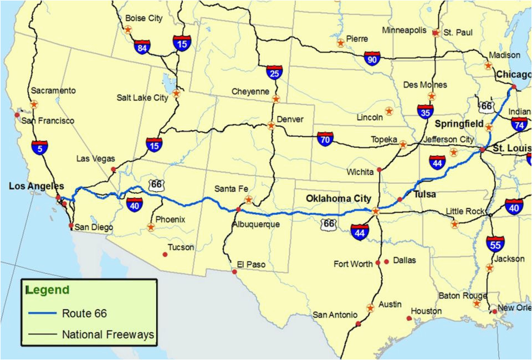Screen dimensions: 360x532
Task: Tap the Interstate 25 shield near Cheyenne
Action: (274, 72)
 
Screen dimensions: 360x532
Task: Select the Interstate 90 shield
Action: (372, 59)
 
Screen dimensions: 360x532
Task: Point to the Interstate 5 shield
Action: (39, 147)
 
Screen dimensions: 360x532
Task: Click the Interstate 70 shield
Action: (325, 138)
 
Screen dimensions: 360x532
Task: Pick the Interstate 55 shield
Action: (495, 243)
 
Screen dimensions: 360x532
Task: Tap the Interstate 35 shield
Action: (426, 111)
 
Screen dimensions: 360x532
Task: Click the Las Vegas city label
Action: (95, 159)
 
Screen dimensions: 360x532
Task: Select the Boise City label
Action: (144, 18)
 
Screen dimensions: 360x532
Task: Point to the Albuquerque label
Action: (256, 224)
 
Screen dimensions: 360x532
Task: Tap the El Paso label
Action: (251, 265)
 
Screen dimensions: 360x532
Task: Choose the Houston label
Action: (426, 311)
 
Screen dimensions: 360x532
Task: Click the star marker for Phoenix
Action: (151, 227)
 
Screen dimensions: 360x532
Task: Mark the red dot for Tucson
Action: (165, 255)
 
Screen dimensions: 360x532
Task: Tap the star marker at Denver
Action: (272, 126)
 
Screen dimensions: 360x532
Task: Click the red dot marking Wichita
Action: (380, 169)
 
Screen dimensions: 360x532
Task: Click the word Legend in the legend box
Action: (48, 290)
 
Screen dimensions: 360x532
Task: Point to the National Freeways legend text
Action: (108, 335)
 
